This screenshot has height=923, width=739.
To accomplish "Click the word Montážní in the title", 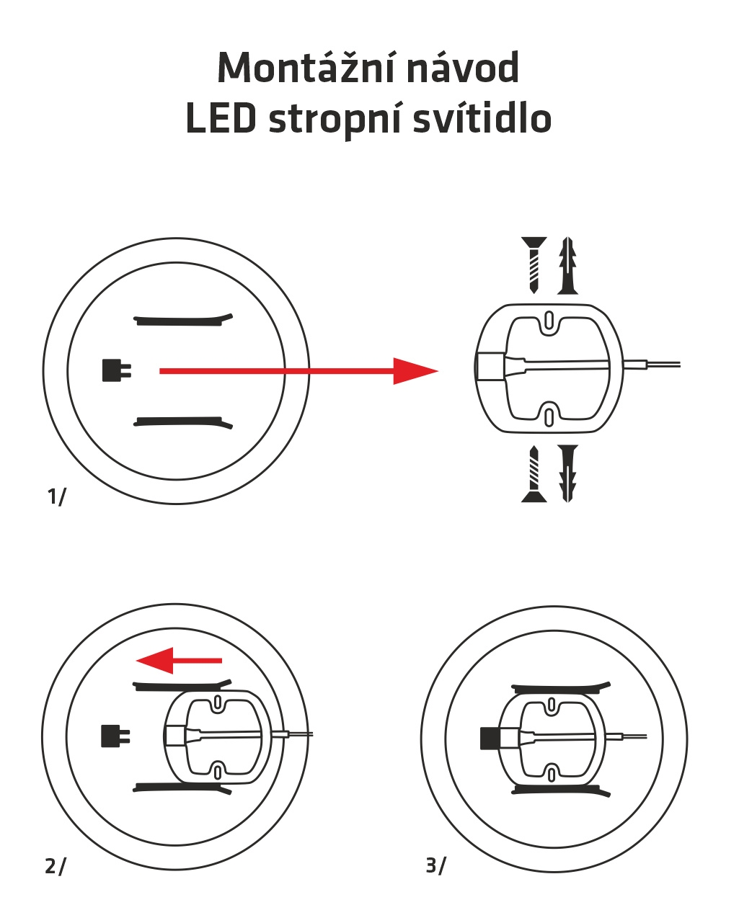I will click(304, 68).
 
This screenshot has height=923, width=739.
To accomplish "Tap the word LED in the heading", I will click(221, 118).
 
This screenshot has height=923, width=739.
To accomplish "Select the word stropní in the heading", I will click(335, 120).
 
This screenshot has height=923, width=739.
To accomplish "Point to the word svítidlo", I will click(482, 118).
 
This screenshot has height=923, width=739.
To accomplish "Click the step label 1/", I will click(56, 496).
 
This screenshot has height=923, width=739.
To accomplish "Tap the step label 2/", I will click(55, 865).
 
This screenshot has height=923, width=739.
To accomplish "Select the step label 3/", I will click(435, 865).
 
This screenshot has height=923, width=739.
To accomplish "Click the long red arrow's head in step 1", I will click(415, 371).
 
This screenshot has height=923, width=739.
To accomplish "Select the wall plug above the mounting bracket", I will click(567, 265).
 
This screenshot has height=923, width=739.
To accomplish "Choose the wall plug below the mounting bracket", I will click(568, 473).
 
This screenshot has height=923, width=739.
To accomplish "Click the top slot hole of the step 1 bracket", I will click(549, 319).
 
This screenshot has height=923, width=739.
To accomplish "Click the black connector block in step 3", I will click(490, 738).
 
